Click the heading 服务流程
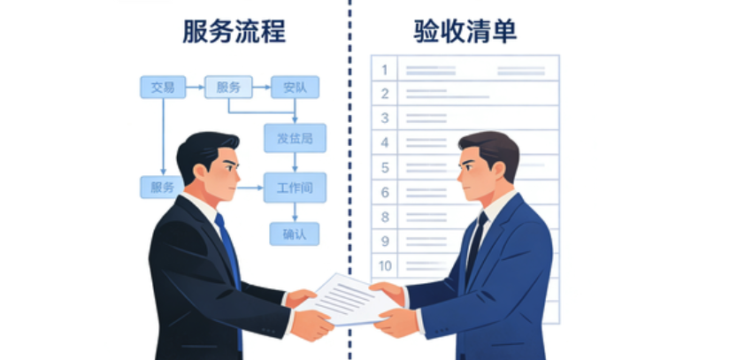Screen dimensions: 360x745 coord(234,33)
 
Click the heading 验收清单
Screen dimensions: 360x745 coord(465,33)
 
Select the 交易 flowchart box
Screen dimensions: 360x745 coord(163,87)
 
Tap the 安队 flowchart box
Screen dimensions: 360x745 coord(295,87)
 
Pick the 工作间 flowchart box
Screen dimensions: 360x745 coord(295,187)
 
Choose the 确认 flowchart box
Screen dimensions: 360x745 coord(294,234)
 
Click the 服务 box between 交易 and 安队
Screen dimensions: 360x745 coord(228,87)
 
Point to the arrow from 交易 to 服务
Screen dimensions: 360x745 coord(195,87)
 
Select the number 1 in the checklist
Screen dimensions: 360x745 coord(385,69)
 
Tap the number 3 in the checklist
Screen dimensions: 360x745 coord(385,118)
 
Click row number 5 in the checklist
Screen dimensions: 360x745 coord(385,167)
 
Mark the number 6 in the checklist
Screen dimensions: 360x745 coord(385,192)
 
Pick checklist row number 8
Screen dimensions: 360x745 coord(385,217)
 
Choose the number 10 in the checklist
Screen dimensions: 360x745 coord(386,265)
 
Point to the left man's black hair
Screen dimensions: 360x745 coord(205,146)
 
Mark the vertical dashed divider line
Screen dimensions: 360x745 coord(349,106)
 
